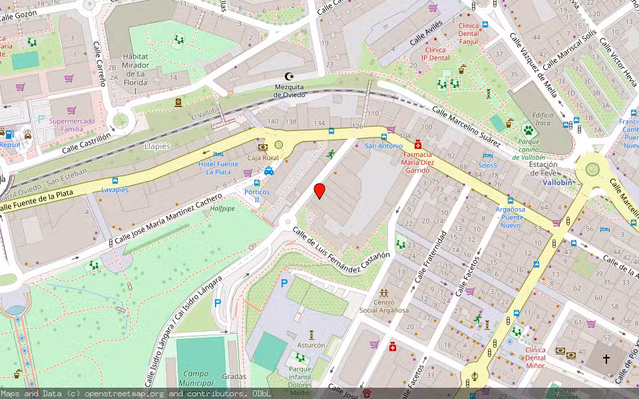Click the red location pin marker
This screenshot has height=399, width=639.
coord(319,191)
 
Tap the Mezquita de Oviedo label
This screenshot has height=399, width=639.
coord(290,90)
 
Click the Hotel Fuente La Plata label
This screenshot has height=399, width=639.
coord(218,168)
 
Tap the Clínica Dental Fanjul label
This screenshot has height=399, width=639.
coord(469,33)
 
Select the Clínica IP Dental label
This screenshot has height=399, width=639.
coord(435,54)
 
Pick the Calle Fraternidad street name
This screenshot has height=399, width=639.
coord(431,256)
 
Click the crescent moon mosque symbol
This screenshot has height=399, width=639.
coord(289,76)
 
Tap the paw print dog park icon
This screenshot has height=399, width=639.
coord(529,129)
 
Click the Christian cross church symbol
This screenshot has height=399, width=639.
coord(606,359)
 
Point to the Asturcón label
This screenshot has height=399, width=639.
coord(311,345)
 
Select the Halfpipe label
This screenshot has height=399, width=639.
coord(222,209)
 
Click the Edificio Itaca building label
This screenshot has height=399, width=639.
coord(542,119)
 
